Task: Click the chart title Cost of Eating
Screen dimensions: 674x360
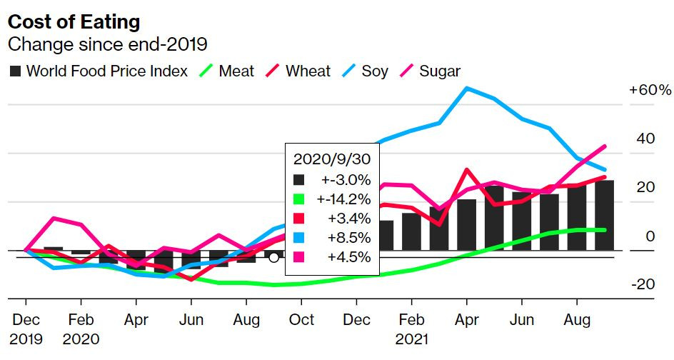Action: [x=74, y=22]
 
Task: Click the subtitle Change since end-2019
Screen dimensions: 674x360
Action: [x=108, y=44]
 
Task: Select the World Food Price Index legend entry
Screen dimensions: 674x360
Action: [x=99, y=71]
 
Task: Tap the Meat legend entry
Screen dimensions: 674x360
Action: [x=226, y=71]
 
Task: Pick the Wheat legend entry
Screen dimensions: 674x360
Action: [x=298, y=71]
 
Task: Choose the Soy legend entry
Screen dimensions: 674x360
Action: [x=366, y=71]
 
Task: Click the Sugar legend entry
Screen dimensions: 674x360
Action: [x=431, y=71]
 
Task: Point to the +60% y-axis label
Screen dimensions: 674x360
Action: [x=650, y=90]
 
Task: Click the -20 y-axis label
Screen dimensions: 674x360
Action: [x=643, y=284]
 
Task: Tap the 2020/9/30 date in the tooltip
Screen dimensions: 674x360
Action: [x=332, y=159]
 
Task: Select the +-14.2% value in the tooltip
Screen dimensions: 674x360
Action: [x=343, y=199]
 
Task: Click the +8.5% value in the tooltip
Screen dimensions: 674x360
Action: [x=348, y=238]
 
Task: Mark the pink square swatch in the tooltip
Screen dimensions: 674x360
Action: [x=298, y=257]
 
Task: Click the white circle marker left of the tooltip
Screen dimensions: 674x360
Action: [x=274, y=258]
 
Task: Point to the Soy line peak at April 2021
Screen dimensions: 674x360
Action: [x=467, y=89]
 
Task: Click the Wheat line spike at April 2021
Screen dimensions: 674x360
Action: [x=467, y=170]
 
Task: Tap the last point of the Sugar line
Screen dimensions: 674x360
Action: [x=604, y=146]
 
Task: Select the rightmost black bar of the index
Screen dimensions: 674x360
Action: [x=604, y=215]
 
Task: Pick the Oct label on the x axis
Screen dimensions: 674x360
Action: [x=302, y=320]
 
